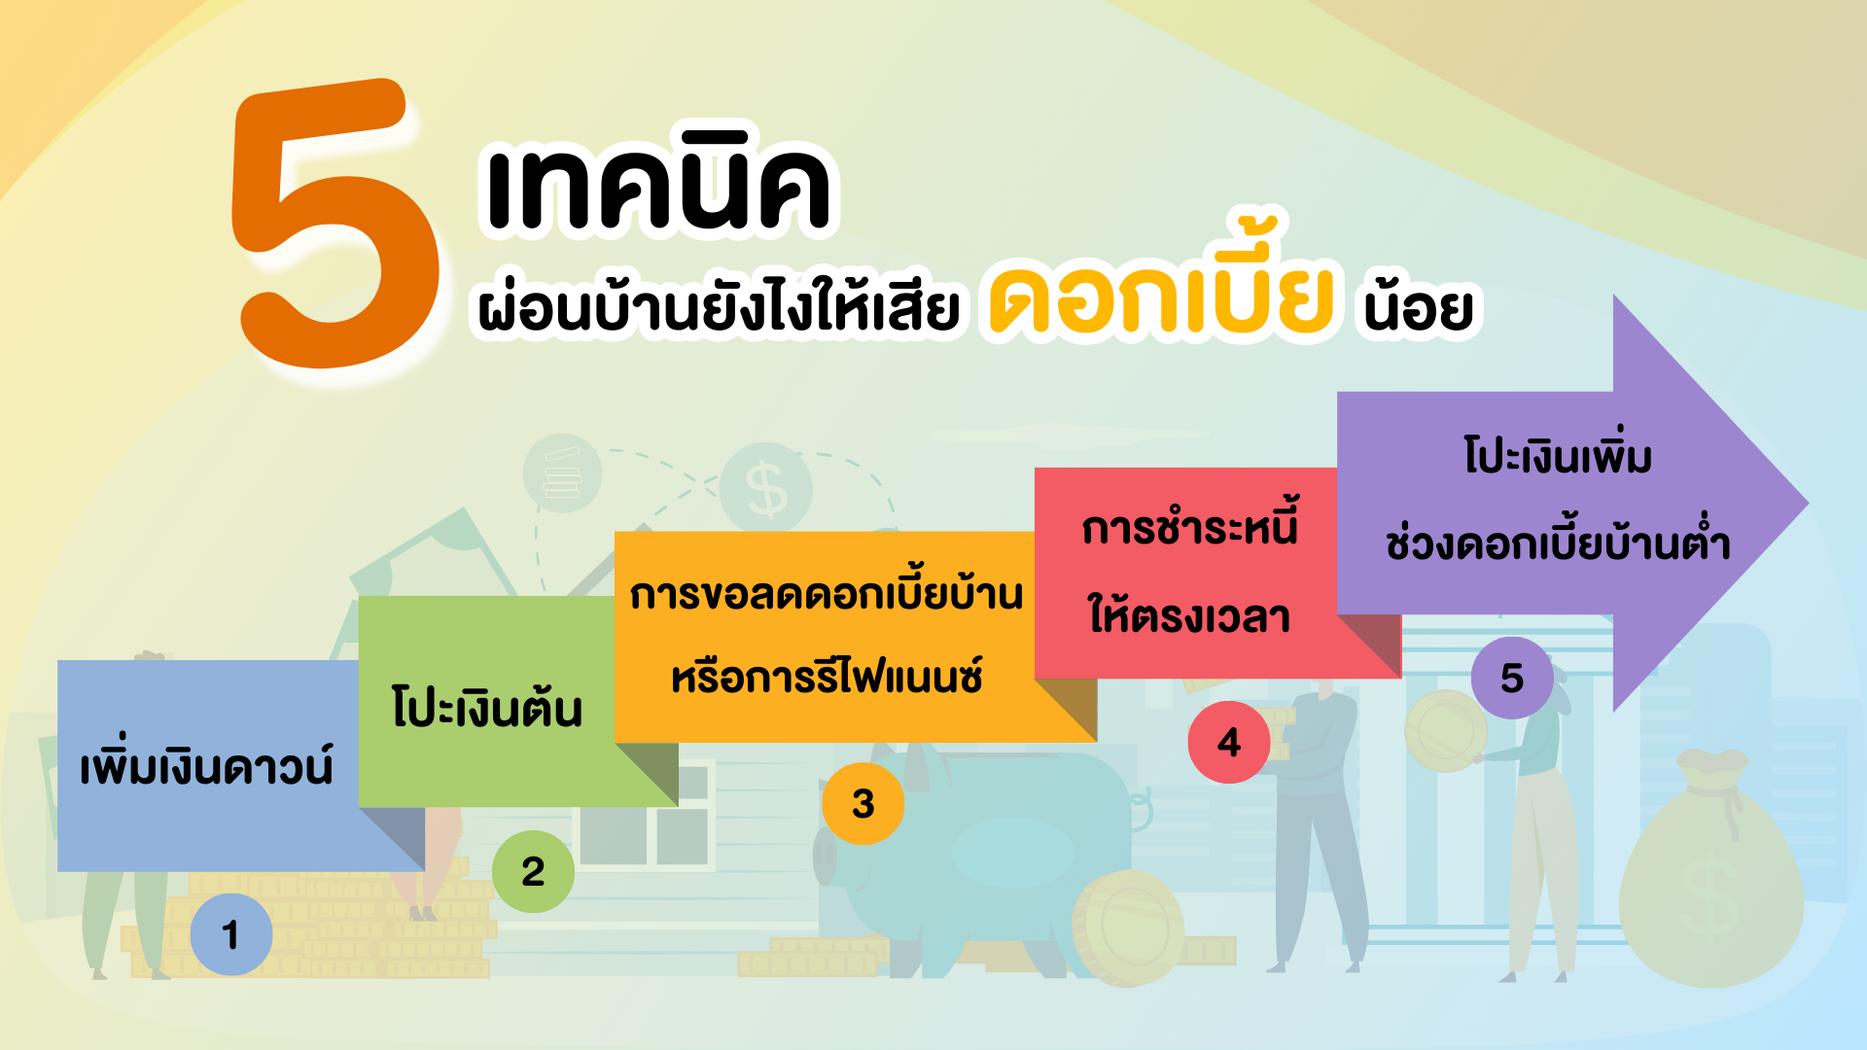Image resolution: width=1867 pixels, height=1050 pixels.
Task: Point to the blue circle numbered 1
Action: pos(231,934)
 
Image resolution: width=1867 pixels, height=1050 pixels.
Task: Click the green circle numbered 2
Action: pos(533,871)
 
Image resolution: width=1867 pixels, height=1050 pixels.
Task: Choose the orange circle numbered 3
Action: pos(863,803)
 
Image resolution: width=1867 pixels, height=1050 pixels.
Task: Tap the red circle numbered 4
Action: pos(1229,742)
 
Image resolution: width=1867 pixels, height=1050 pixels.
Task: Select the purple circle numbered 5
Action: pos(1512,678)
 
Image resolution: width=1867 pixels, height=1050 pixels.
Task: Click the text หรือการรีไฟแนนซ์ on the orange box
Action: pos(827,675)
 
